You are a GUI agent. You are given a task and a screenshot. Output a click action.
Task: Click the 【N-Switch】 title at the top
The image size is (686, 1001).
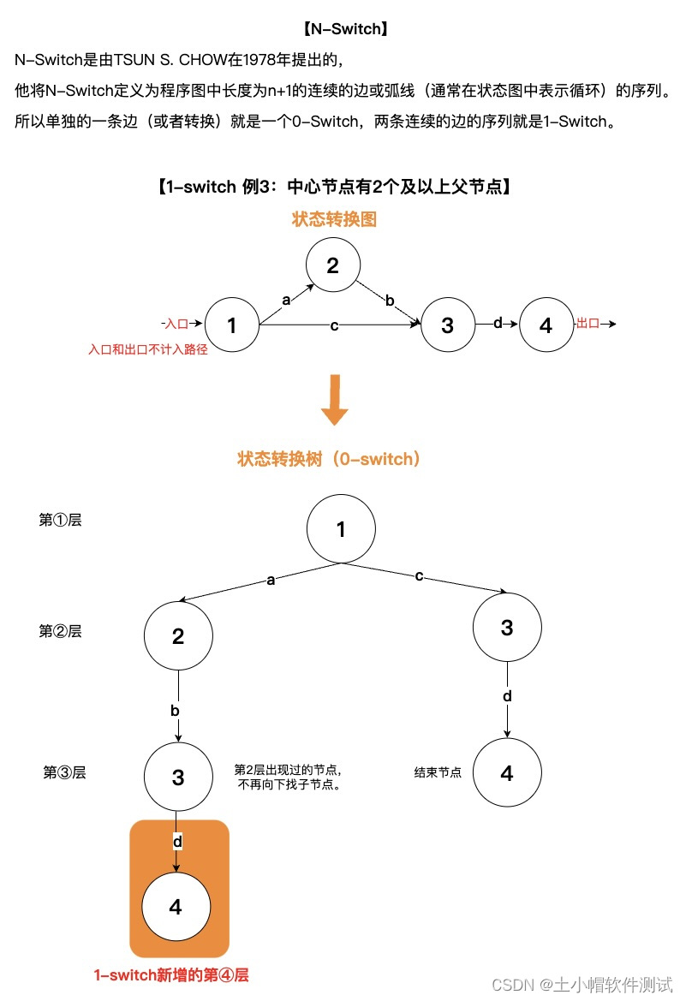[x=345, y=29]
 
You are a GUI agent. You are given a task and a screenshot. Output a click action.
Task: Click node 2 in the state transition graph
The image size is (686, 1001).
[x=332, y=265]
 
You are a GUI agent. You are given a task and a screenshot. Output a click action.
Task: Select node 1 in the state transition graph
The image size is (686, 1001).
[x=232, y=325]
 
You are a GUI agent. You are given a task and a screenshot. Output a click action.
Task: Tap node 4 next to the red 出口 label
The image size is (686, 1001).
[x=546, y=325]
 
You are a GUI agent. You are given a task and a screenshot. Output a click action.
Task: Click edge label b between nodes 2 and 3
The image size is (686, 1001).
[x=390, y=300]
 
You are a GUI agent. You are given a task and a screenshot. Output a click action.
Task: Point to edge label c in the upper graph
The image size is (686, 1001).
[x=334, y=325]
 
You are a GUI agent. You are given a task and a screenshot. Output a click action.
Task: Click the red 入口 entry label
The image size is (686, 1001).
[x=176, y=324]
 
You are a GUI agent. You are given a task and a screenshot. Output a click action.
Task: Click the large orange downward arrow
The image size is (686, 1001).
[x=334, y=402]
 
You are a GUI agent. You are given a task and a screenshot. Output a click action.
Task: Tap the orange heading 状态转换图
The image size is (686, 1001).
[x=334, y=219]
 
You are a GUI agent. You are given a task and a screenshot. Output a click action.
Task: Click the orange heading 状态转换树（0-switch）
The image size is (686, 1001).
[x=330, y=459]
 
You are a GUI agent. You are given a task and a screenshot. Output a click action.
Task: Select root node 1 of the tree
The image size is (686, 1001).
[x=341, y=529]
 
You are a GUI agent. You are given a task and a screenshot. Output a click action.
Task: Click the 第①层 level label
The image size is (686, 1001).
[x=61, y=520]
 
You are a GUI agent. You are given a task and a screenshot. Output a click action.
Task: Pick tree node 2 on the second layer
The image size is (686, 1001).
[x=178, y=636]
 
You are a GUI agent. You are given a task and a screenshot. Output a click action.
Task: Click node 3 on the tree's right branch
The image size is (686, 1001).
[x=506, y=629]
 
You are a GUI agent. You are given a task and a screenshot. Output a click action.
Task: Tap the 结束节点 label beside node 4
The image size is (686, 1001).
[x=438, y=772]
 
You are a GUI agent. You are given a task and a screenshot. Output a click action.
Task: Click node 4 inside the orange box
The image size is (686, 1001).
[x=176, y=907]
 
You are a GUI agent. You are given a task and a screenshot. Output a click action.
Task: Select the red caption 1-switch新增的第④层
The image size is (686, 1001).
[x=171, y=975]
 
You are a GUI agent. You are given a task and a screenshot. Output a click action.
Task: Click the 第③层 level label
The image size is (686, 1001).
[x=65, y=772]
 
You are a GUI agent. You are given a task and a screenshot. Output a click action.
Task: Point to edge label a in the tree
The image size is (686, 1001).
[x=271, y=580]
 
